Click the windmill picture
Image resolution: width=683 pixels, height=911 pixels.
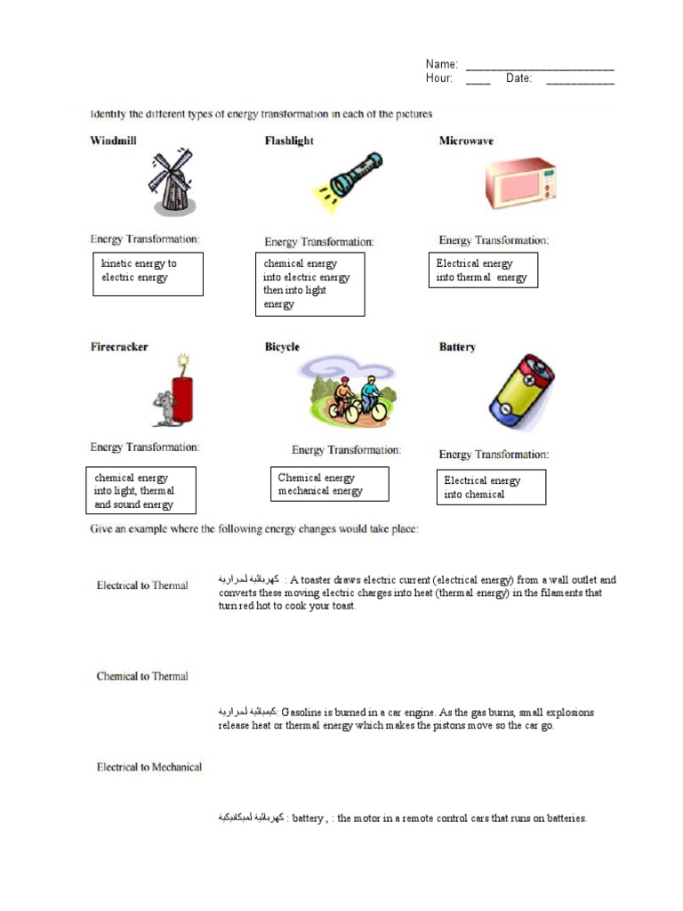click(171, 182)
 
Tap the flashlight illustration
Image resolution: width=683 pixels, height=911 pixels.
click(347, 181)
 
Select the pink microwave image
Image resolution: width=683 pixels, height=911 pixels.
click(519, 184)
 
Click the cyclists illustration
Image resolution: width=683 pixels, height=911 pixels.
click(347, 391)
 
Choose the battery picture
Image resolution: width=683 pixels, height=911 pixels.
click(520, 391)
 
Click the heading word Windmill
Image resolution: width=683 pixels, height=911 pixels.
click(113, 141)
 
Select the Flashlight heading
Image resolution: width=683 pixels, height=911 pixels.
click(289, 141)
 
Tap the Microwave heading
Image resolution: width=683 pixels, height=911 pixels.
click(466, 141)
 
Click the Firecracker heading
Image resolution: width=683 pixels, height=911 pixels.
click(119, 347)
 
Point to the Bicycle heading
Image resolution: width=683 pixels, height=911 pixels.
click(282, 347)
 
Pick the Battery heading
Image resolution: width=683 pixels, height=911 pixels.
click(457, 347)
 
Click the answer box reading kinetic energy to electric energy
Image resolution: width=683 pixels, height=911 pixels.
click(149, 273)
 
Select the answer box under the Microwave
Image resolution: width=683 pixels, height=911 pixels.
click(483, 270)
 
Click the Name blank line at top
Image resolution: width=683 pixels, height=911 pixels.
click(540, 65)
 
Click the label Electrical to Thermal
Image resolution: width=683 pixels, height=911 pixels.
click(142, 585)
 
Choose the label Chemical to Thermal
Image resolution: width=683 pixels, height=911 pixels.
click(142, 676)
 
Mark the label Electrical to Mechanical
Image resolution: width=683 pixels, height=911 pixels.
click(149, 767)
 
